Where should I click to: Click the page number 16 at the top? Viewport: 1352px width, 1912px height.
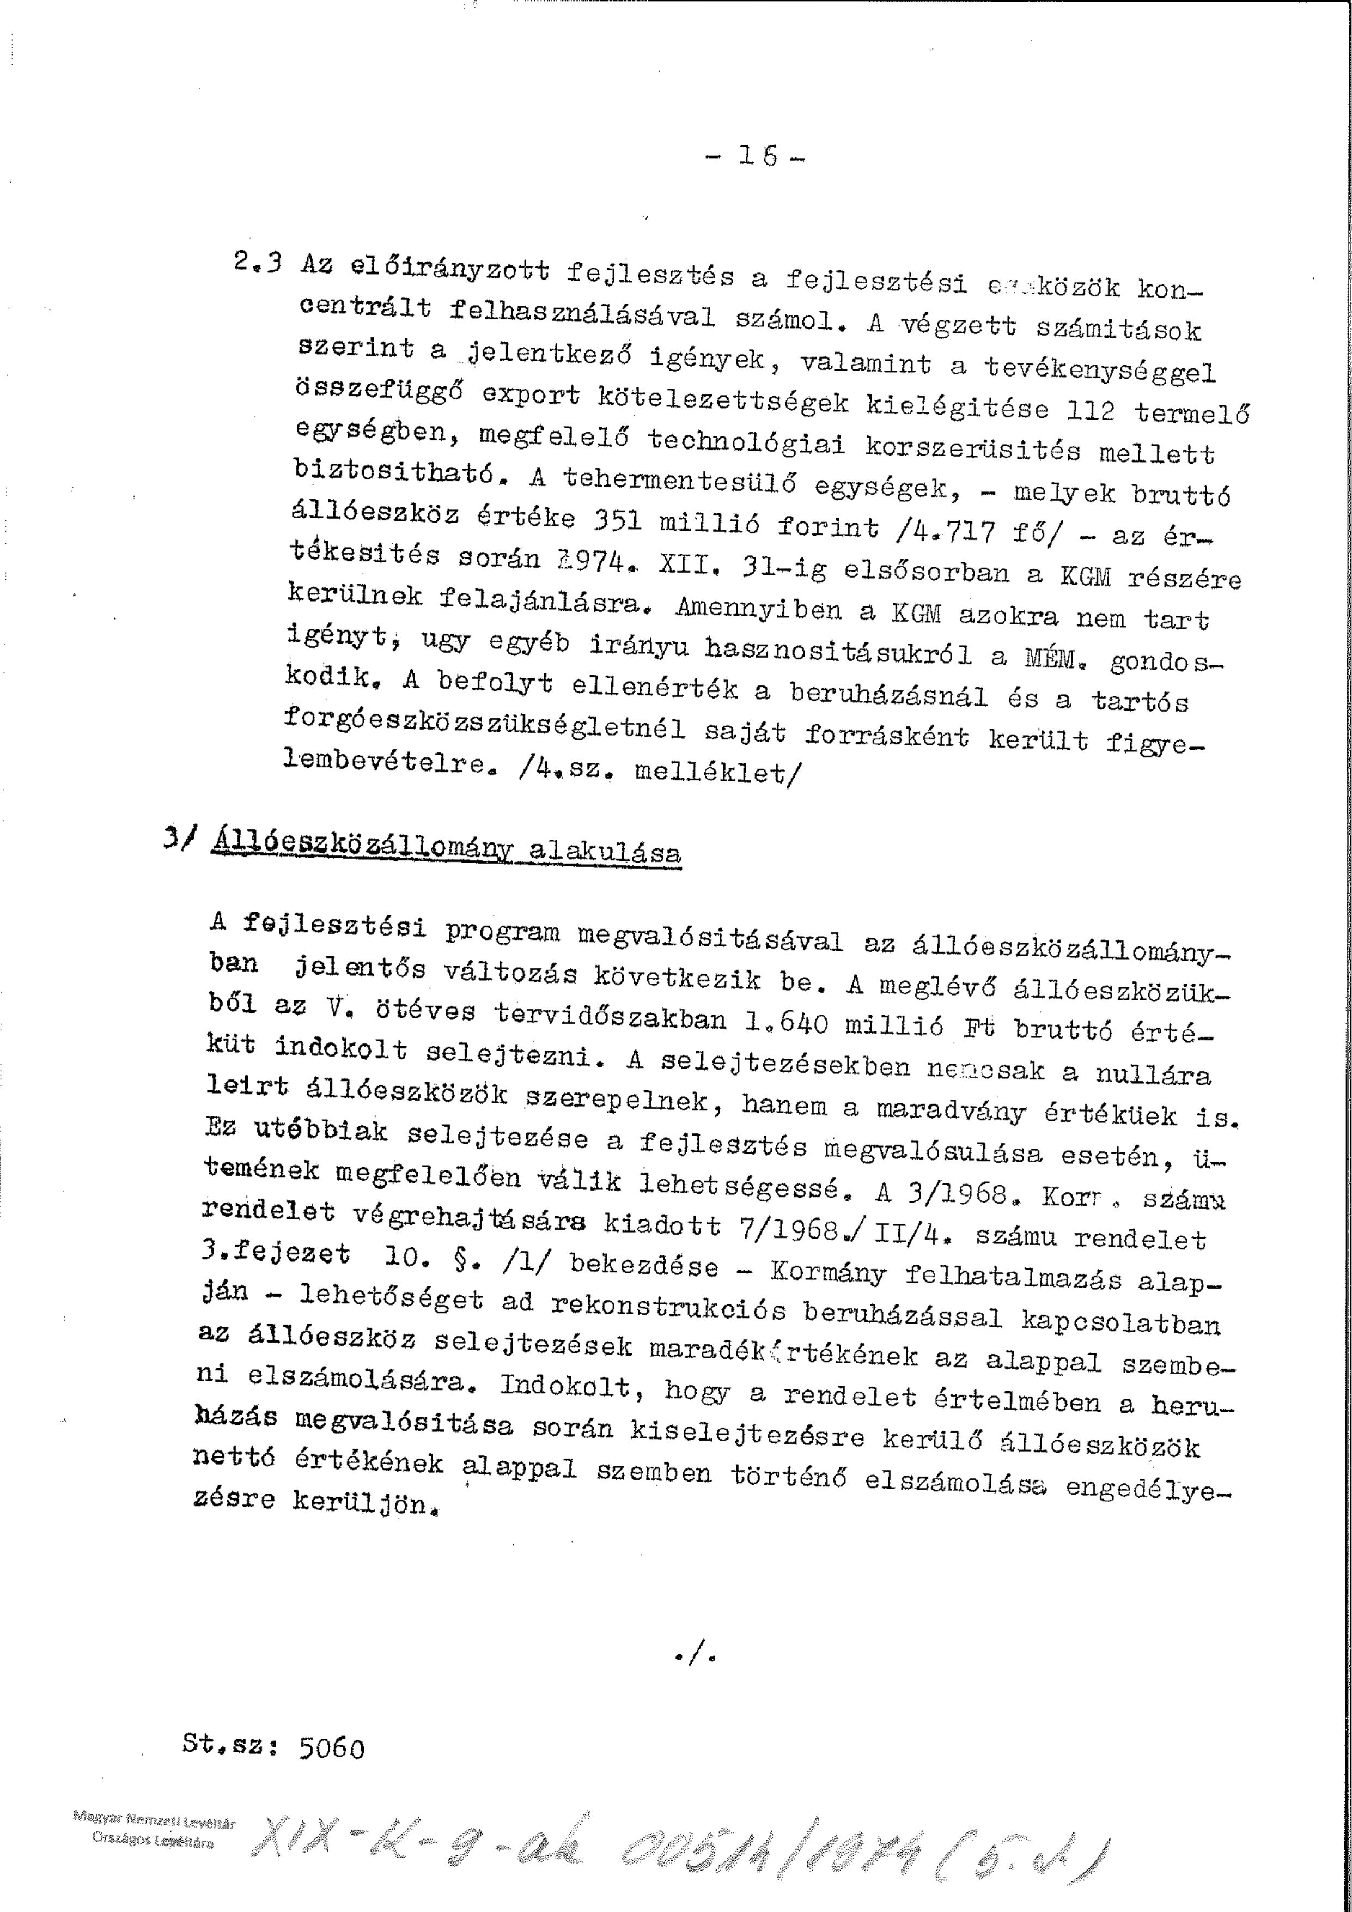coord(758,156)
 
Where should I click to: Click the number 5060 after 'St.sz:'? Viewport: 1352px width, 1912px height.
coord(331,1747)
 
